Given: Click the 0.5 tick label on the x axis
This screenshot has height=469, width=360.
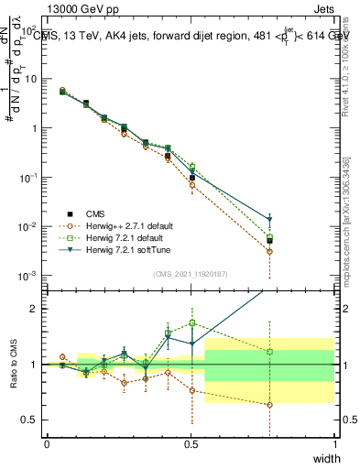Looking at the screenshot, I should coord(191,444).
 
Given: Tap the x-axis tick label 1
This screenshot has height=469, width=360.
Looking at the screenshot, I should coord(334,444).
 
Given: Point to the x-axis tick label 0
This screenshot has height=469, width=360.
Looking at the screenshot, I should coord(47,444).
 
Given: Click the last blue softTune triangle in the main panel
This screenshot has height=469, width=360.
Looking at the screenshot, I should coord(270,219).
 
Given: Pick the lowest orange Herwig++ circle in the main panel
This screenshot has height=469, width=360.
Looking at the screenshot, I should coord(270,251).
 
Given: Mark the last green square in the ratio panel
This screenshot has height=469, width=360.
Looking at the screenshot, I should coord(270,352).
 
